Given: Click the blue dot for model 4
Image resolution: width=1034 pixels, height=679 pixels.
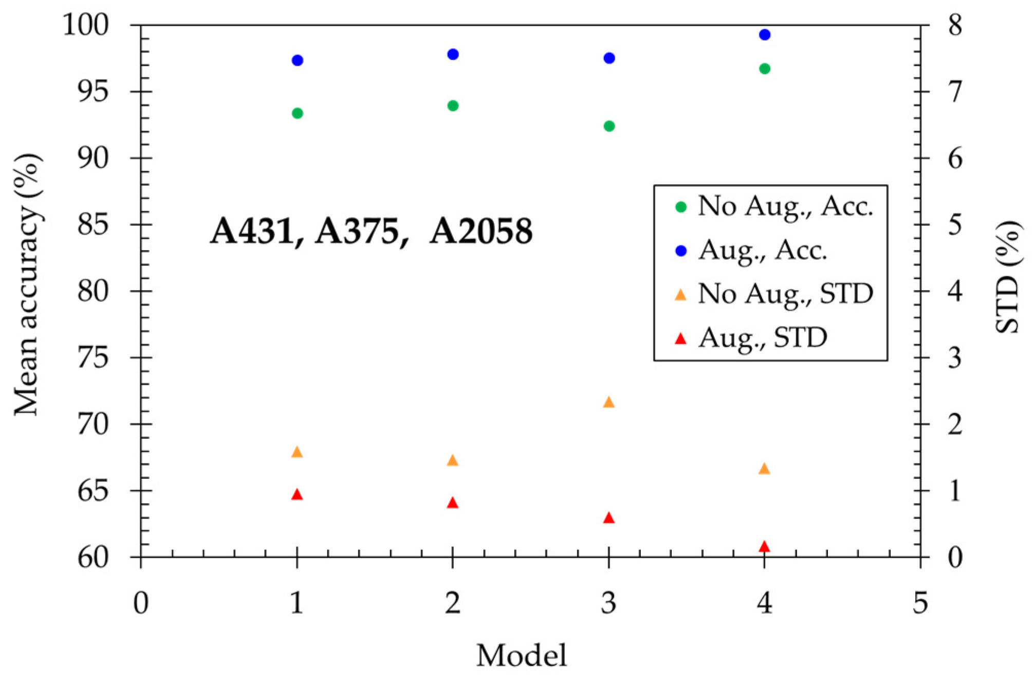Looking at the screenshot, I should [764, 35].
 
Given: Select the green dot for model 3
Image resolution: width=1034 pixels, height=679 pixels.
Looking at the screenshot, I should [609, 126].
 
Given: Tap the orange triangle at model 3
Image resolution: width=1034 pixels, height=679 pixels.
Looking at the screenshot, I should [608, 402].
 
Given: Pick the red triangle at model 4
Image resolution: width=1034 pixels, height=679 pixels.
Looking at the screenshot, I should [764, 546].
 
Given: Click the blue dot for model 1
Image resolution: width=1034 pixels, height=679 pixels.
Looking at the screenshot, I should [297, 60].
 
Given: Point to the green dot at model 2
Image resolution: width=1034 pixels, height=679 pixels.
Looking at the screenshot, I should [453, 106].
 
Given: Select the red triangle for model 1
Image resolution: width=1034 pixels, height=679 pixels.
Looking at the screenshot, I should [297, 495].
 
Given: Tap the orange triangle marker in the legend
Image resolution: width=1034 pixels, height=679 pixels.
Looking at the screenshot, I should [680, 295].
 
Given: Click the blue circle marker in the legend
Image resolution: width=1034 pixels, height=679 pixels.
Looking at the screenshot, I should [680, 251].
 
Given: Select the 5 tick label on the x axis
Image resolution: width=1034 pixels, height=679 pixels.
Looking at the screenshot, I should [920, 603].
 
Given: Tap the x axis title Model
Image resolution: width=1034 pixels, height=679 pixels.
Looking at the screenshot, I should [521, 655].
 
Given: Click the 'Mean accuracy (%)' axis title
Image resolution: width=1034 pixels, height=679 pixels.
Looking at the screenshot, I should [27, 284].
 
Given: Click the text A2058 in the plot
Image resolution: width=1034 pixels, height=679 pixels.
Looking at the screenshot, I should [481, 231].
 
